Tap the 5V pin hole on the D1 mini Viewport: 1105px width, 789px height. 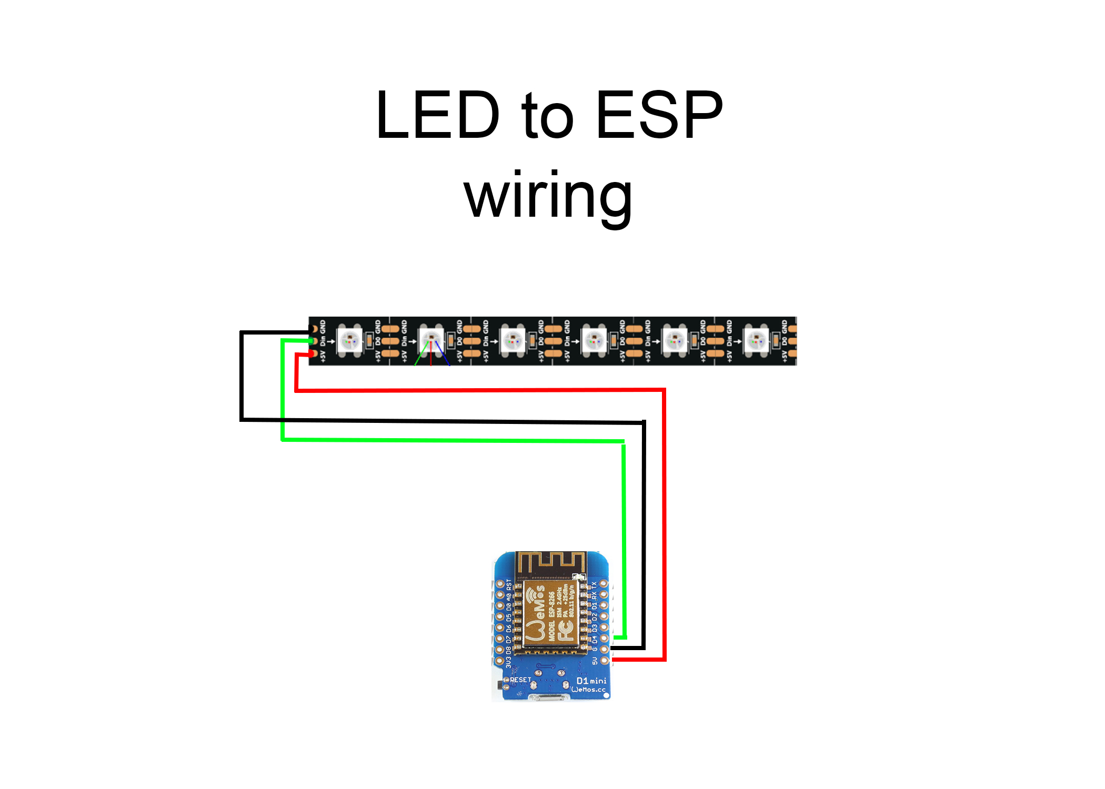click(x=605, y=660)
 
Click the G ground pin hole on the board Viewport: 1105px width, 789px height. click(x=605, y=649)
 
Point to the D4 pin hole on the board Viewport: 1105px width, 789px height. click(x=605, y=638)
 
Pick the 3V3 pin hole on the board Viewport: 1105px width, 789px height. click(x=500, y=660)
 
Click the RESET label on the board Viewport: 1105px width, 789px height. click(x=520, y=680)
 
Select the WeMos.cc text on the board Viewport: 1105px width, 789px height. click(x=589, y=690)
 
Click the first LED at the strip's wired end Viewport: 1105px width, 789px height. click(x=349, y=341)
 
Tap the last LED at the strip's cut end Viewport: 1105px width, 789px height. click(x=756, y=341)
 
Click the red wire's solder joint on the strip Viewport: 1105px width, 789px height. click(x=313, y=354)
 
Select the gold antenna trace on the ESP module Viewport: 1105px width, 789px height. click(x=550, y=564)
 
